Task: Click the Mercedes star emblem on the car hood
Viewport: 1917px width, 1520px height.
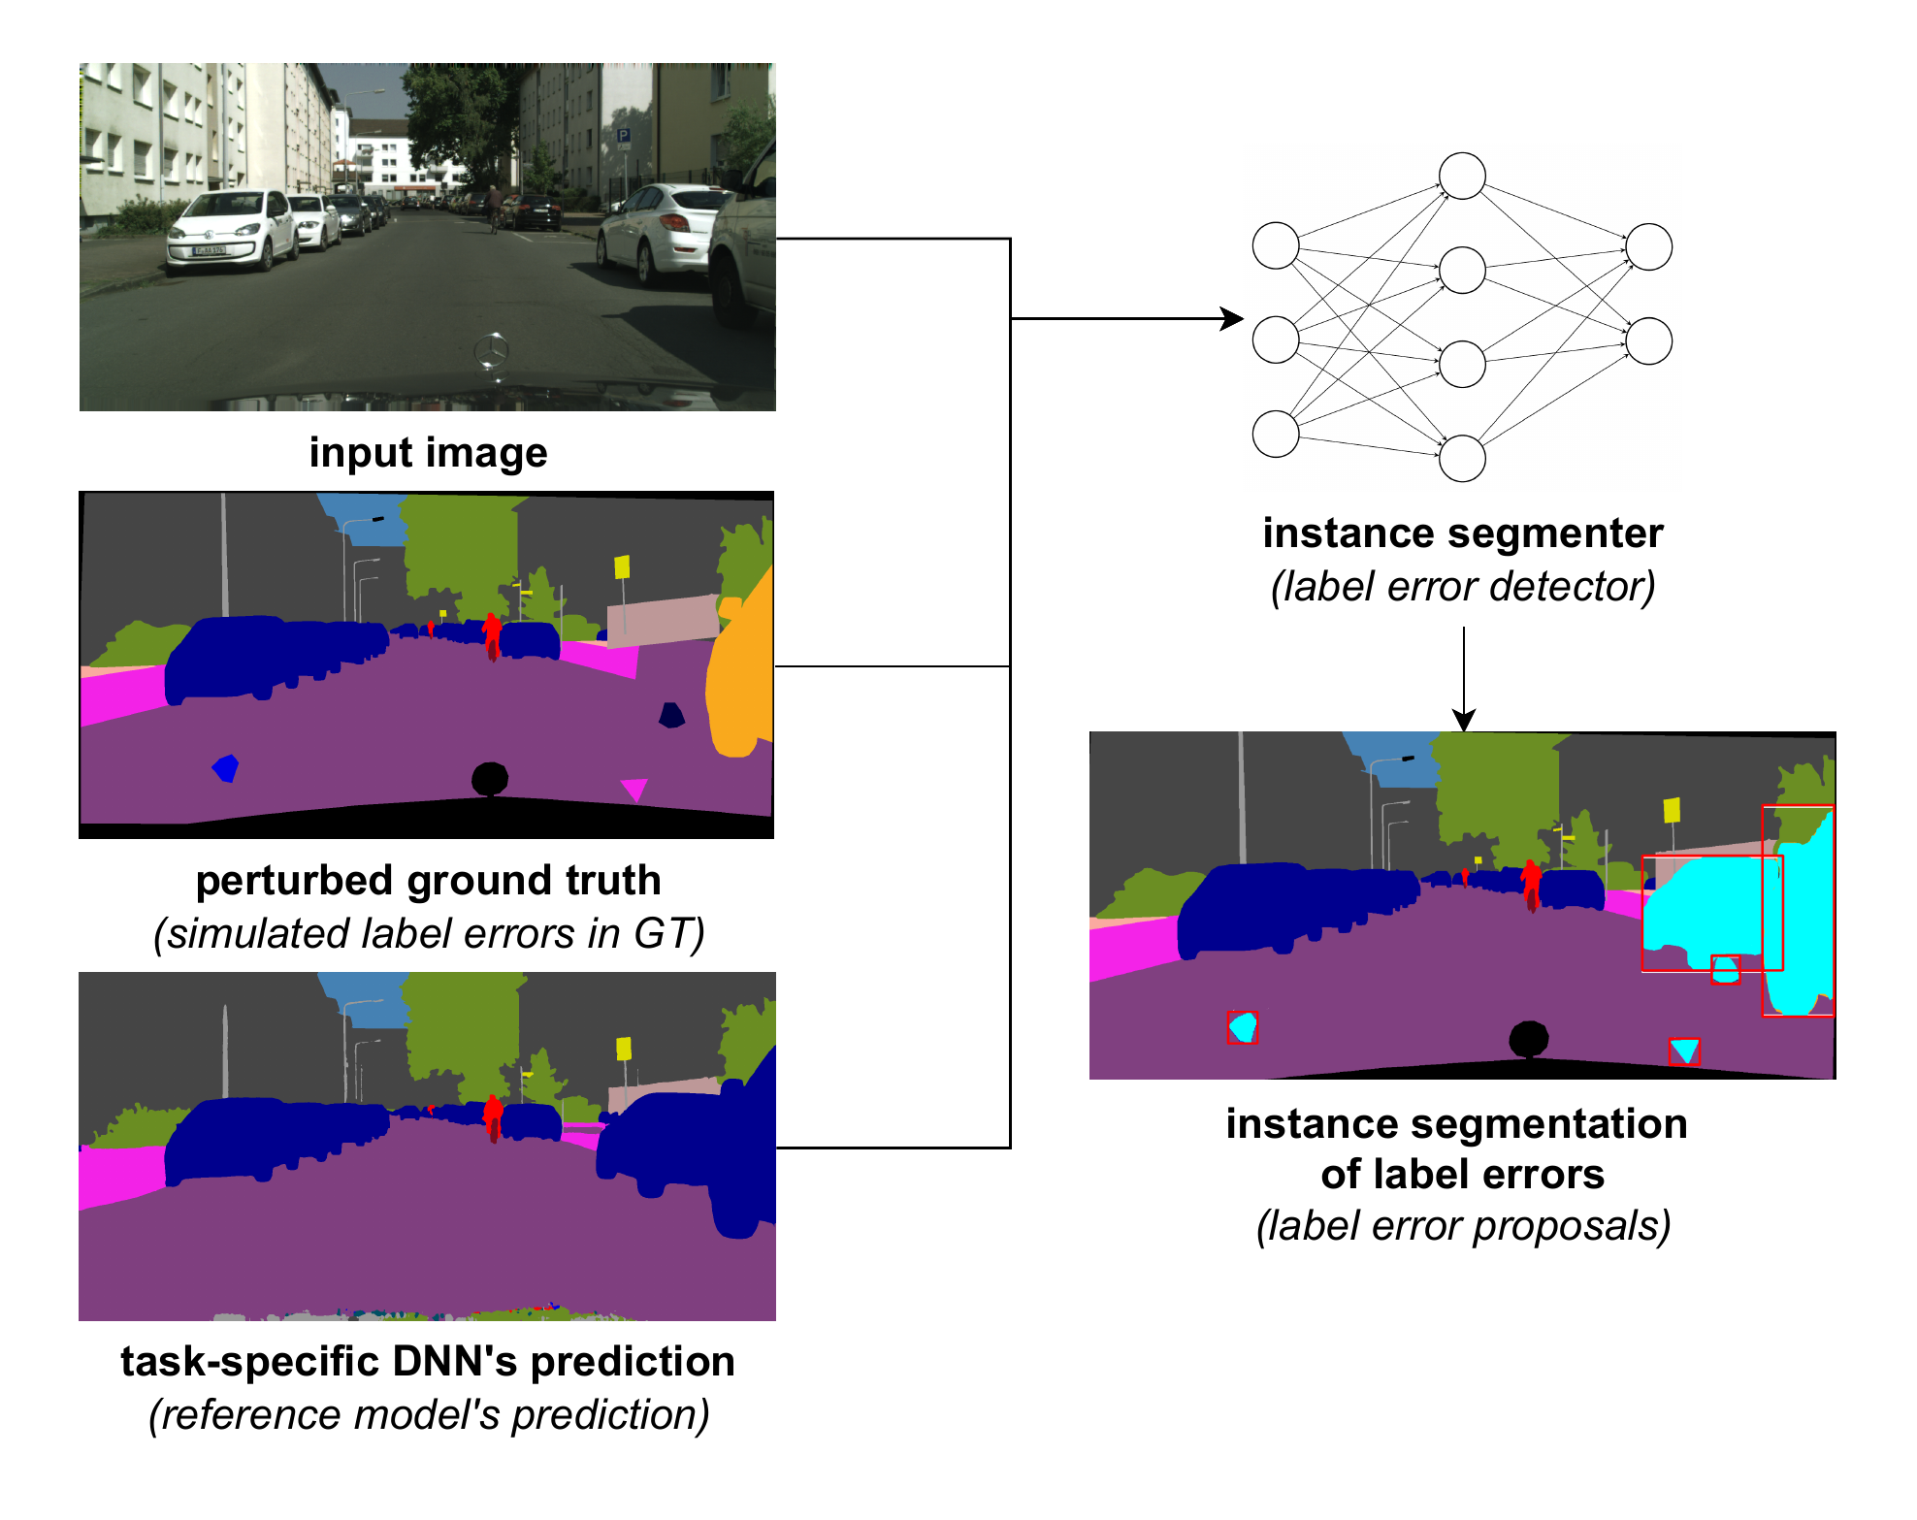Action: tap(492, 350)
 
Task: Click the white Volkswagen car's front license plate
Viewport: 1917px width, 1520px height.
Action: tap(210, 250)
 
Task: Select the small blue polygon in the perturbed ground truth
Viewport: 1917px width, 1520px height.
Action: tap(226, 768)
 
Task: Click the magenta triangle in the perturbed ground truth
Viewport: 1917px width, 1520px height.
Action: tap(634, 789)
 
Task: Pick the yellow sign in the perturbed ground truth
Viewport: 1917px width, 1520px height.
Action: tap(622, 566)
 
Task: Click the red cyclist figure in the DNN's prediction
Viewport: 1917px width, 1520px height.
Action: tap(493, 1116)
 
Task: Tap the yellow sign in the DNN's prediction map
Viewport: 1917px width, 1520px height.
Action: tap(624, 1049)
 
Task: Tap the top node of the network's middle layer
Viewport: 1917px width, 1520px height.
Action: tap(1462, 176)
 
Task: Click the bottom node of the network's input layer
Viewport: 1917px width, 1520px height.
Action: tap(1276, 434)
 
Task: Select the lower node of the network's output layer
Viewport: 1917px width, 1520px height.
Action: tap(1648, 340)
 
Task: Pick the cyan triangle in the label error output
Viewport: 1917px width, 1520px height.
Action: tap(1684, 1050)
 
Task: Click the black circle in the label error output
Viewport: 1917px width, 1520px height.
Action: tap(1529, 1039)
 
